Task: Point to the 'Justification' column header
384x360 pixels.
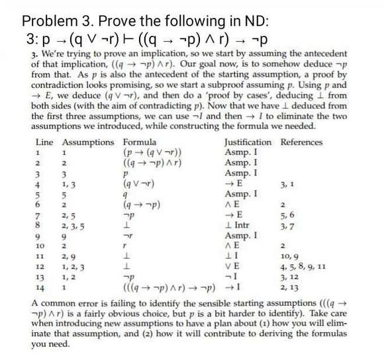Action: [x=248, y=142]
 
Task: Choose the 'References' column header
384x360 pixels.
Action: [x=303, y=142]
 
